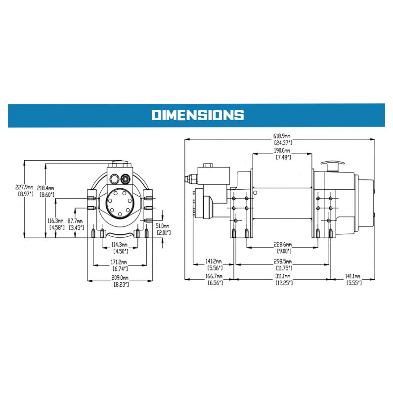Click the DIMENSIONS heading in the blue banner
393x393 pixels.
coord(198,115)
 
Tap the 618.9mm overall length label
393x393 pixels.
coord(282,136)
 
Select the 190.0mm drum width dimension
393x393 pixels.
coord(282,151)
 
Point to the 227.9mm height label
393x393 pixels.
coord(24,187)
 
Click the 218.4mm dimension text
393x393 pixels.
coord(45,188)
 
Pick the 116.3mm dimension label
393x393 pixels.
coord(55,221)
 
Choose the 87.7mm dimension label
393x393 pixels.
coord(75,221)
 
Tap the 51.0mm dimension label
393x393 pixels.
coord(163,226)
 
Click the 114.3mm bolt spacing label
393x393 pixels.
coord(119,244)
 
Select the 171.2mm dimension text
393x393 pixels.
coord(119,262)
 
